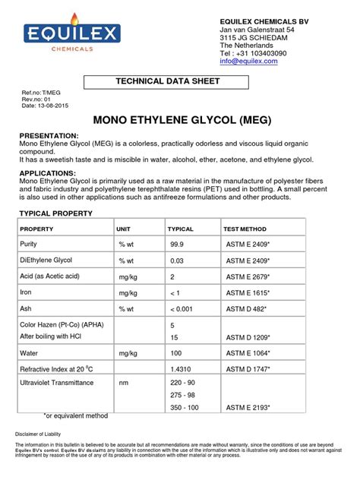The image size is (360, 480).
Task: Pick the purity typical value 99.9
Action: coord(177,244)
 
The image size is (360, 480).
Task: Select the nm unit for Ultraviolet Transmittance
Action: coord(123,384)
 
